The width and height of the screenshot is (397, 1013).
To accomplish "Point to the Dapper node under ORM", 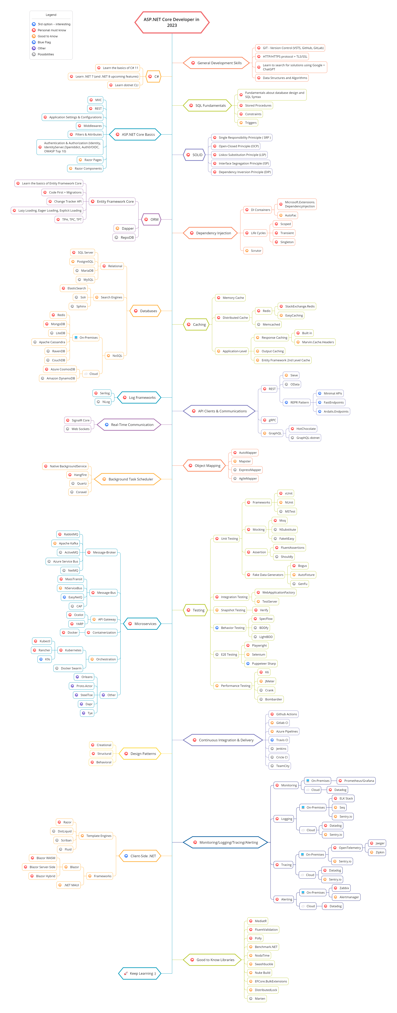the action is (124, 228).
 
